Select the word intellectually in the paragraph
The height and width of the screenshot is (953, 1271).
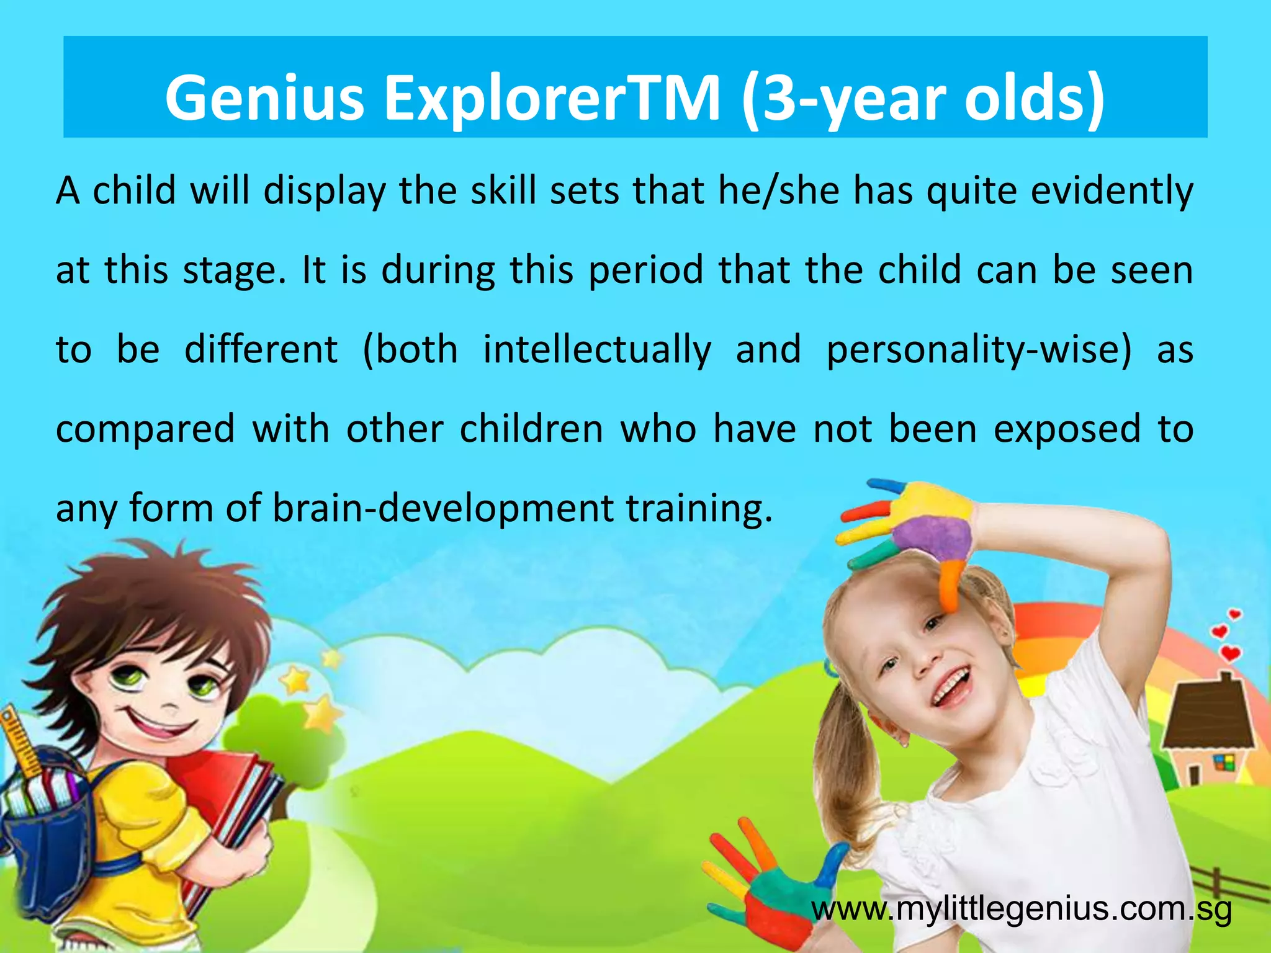coord(597,349)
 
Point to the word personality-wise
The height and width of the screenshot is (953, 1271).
coord(979,349)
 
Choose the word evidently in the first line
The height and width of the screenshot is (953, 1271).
coord(1112,190)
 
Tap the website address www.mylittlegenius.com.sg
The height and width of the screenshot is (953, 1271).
coord(1021,910)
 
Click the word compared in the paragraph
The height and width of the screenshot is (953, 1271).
coord(145,429)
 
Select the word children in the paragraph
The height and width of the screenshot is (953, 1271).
coord(531,429)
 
